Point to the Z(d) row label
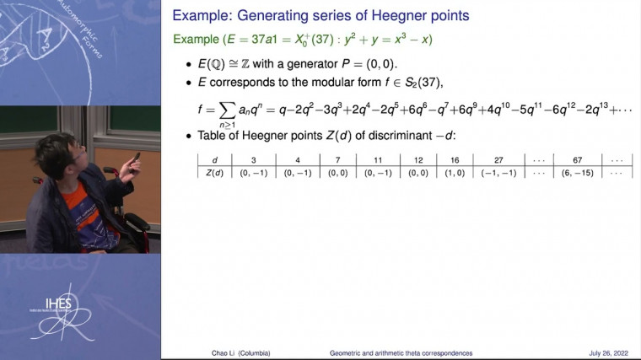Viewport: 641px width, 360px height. point(215,172)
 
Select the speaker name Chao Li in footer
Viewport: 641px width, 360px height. point(207,352)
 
